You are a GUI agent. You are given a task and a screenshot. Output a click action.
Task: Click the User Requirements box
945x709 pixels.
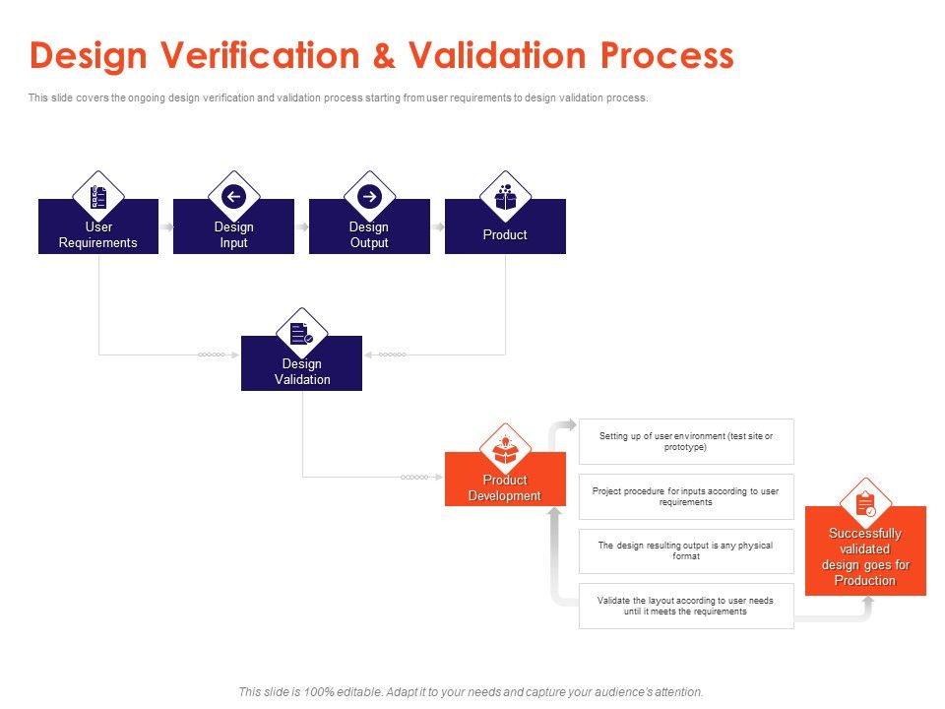point(98,234)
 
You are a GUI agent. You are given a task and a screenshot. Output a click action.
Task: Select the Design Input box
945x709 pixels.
point(233,234)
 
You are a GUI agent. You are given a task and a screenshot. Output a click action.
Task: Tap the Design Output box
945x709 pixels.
point(369,234)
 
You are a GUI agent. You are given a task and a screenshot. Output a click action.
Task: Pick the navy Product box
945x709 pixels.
point(505,234)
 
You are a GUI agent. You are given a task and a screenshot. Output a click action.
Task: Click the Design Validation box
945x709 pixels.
point(301,371)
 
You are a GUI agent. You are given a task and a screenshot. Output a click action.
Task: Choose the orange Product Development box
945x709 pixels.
point(505,487)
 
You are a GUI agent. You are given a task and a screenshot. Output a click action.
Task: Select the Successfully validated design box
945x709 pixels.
point(865,556)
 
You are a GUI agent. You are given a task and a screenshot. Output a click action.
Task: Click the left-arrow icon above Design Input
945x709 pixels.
point(233,197)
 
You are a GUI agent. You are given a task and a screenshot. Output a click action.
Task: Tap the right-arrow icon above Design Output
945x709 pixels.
point(369,197)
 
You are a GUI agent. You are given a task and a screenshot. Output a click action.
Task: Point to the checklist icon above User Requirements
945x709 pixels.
point(98,197)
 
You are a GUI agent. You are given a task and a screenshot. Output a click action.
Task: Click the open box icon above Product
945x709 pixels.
point(505,197)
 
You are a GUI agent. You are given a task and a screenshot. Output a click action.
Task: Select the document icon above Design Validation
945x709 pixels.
point(301,334)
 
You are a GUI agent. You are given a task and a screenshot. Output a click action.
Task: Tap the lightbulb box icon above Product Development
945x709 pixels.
point(505,450)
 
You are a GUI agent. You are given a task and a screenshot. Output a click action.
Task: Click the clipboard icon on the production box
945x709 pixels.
point(865,504)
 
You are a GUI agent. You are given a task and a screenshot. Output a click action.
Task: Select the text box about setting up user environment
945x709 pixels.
point(686,441)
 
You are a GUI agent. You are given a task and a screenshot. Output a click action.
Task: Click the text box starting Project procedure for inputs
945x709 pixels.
point(686,496)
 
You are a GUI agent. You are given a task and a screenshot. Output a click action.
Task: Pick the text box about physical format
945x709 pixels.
point(686,550)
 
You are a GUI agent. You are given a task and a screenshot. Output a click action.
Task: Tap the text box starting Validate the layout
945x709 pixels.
point(686,606)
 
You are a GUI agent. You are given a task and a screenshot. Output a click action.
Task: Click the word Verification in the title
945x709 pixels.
point(240,55)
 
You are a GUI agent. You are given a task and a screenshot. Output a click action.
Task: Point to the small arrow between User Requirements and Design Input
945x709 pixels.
point(166,226)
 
